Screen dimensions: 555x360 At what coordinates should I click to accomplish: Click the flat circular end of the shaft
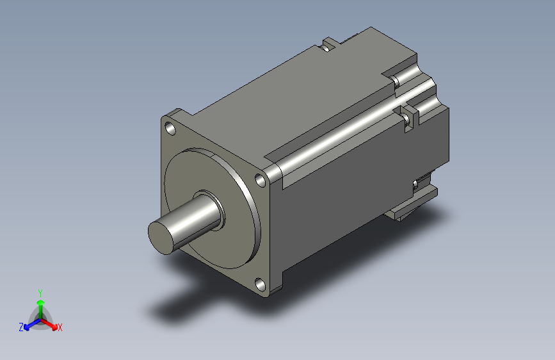coord(161,238)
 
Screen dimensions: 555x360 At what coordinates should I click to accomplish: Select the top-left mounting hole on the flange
coord(171,129)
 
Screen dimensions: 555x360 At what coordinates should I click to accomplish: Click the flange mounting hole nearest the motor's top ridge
coord(261,181)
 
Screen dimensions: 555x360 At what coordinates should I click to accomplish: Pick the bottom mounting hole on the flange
coord(261,285)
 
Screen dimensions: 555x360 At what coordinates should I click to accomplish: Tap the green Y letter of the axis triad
coord(40,293)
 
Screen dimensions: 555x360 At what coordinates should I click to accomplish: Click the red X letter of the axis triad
coord(60,327)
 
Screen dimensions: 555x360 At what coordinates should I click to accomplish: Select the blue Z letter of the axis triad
coord(21,327)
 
